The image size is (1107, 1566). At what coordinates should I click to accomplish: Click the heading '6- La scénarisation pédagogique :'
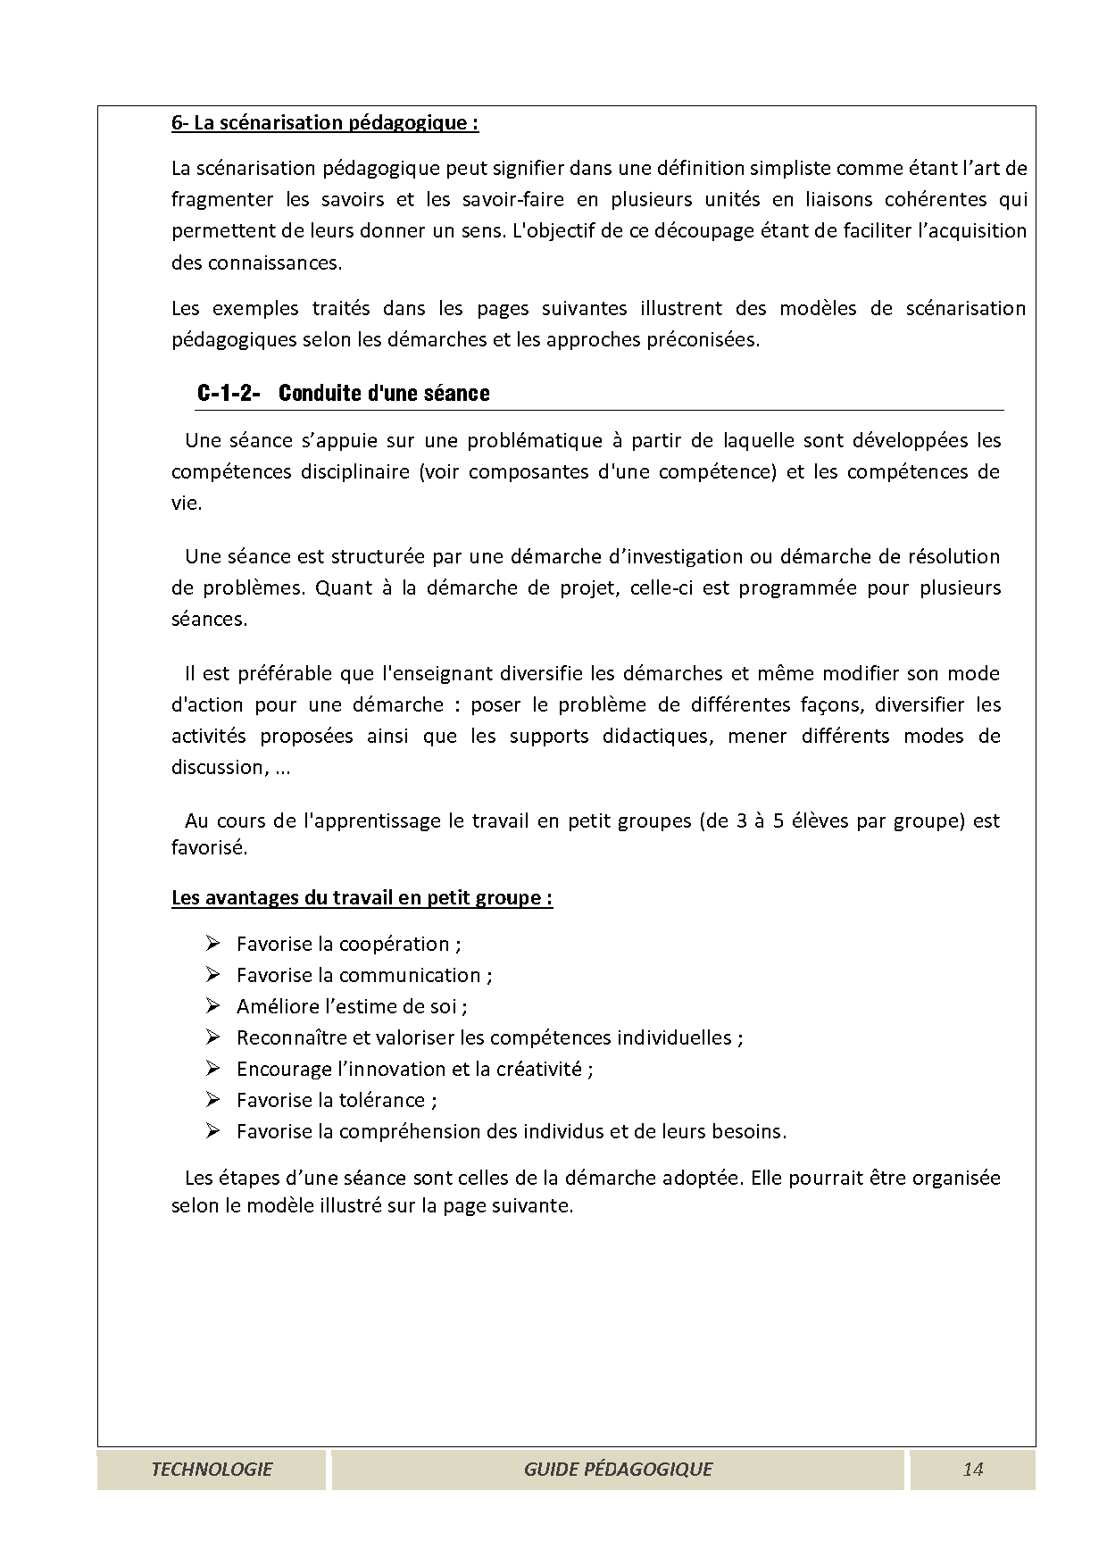click(x=324, y=123)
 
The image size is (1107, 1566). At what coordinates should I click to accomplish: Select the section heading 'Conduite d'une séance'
click(x=384, y=394)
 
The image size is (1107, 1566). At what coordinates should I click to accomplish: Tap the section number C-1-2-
click(x=228, y=394)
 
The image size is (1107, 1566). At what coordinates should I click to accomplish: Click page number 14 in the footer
click(x=972, y=1469)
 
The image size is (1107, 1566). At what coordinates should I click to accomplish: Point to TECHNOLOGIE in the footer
click(x=212, y=1469)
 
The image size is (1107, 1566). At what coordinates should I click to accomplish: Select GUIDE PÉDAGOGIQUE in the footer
click(x=618, y=1469)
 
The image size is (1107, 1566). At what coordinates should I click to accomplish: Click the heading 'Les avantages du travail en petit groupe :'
click(x=362, y=897)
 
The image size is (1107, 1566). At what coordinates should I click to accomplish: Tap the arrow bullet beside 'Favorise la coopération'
click(x=212, y=944)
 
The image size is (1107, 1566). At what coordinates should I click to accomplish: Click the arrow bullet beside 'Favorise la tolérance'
click(x=212, y=1100)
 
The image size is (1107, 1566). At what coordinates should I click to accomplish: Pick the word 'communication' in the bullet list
click(x=410, y=975)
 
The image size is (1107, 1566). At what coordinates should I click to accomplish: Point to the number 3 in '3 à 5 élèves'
click(x=742, y=820)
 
